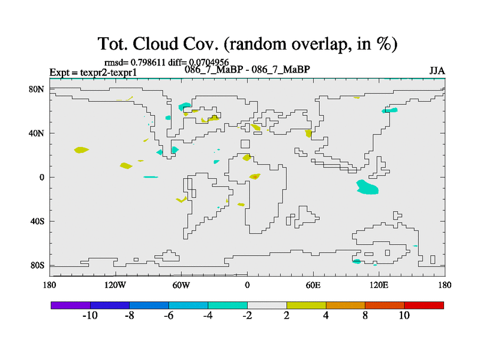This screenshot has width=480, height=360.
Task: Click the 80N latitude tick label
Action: coord(37,89)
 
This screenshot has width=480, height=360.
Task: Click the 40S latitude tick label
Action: coord(37,221)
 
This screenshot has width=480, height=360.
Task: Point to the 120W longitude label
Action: coord(115,286)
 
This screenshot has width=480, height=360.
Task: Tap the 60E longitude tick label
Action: coord(313,286)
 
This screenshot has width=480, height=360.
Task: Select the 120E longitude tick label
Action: coord(379,286)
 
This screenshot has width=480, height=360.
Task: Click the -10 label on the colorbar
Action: coord(90,316)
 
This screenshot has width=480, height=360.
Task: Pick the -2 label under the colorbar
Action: coord(247,316)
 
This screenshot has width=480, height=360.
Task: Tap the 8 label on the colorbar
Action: coord(365,316)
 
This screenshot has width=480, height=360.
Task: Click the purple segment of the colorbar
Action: coord(71,305)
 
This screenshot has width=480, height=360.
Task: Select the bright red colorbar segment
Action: coord(424,305)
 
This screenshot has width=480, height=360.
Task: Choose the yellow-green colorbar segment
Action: coord(306,305)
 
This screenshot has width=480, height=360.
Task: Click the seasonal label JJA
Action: coord(437,71)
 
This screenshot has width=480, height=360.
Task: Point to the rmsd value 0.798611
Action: coord(148,62)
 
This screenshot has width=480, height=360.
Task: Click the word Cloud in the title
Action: coord(155,44)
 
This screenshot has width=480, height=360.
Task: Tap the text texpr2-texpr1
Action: coord(109,73)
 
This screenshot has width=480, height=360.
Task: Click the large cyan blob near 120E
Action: coord(367,187)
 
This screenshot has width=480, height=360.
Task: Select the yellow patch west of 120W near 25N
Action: coord(81,150)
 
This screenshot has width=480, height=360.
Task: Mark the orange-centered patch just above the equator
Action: coord(254,176)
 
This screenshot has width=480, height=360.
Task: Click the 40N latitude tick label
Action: coord(37,133)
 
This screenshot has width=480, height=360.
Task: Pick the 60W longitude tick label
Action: coord(181,286)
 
